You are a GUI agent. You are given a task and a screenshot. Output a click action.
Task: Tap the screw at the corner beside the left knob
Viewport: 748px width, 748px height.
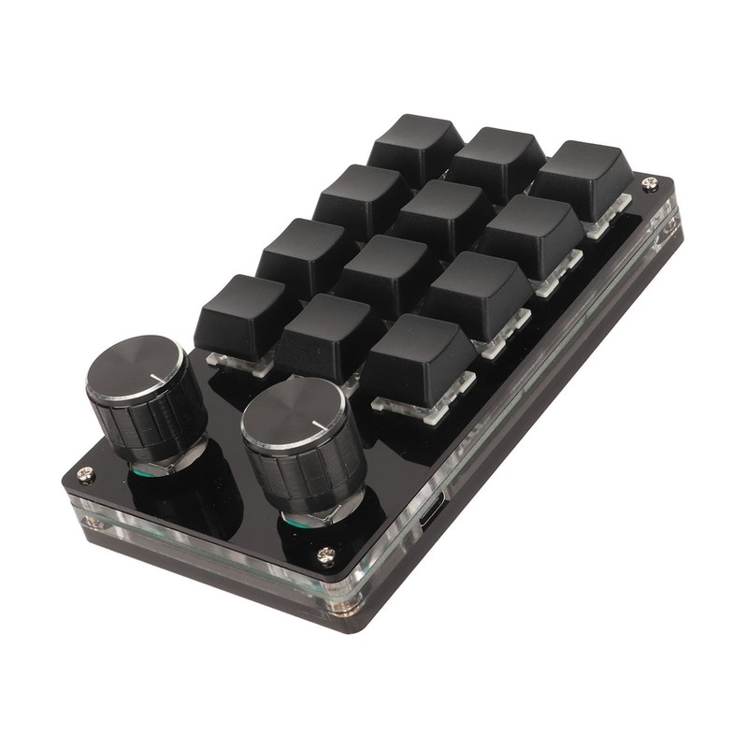pyautogui.click(x=85, y=474)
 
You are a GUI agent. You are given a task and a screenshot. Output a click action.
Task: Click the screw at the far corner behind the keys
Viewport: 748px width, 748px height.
pyautogui.click(x=649, y=185)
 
